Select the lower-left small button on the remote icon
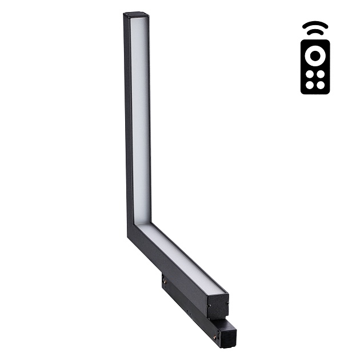[309, 85]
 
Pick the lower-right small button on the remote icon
[320, 85]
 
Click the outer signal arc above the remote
[314, 25]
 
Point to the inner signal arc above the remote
[314, 33]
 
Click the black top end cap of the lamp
[136, 15]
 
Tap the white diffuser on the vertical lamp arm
[141, 114]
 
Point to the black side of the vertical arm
[128, 114]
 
